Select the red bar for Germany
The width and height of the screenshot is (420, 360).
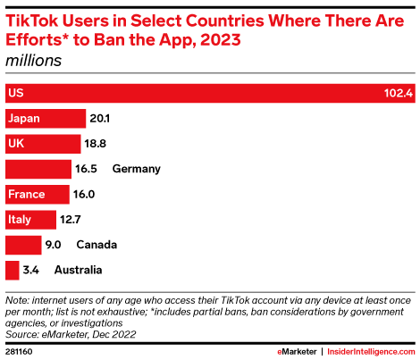pyautogui.click(x=38, y=169)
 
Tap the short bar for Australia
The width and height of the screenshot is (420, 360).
pyautogui.click(x=12, y=270)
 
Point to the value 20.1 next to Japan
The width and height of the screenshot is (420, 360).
pyautogui.click(x=98, y=118)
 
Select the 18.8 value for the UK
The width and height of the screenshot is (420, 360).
pyautogui.click(x=96, y=143)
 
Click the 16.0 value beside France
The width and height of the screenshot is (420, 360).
pyautogui.click(x=85, y=194)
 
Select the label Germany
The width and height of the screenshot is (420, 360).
pyautogui.click(x=135, y=169)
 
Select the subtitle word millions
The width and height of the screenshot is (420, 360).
pyautogui.click(x=30, y=60)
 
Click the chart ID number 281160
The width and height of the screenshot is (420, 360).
pyautogui.click(x=20, y=350)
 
